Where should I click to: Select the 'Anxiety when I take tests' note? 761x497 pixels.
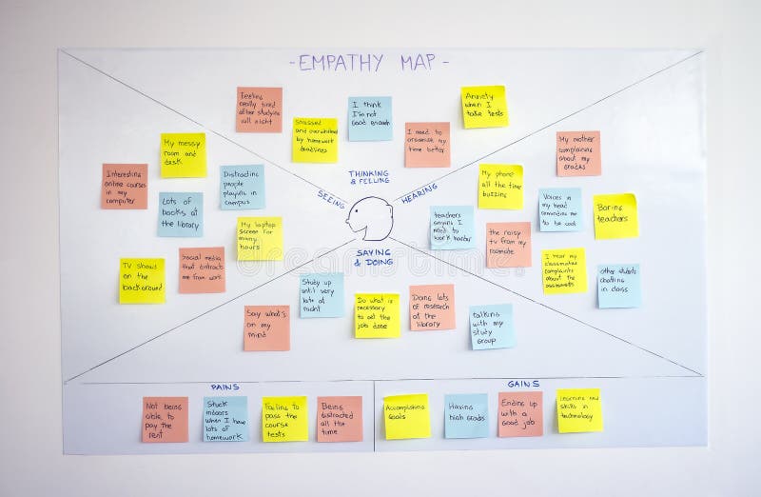(484, 107)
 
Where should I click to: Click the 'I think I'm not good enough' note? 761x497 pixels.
(370, 118)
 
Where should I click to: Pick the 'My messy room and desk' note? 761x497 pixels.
(183, 154)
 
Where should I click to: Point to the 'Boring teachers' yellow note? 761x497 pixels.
(615, 216)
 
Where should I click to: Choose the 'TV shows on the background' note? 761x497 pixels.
(142, 280)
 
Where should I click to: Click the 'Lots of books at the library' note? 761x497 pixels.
(180, 214)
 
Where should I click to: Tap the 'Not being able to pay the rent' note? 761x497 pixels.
(165, 419)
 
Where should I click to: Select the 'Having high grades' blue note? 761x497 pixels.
(466, 416)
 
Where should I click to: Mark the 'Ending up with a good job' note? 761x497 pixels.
(519, 414)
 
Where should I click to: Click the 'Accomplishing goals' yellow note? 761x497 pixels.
(407, 416)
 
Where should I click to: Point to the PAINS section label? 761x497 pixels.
(224, 387)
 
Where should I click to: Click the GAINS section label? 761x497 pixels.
(523, 384)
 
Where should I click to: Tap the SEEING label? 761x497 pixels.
(330, 195)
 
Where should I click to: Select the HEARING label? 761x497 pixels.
(420, 198)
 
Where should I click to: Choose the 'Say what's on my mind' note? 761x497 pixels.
(266, 328)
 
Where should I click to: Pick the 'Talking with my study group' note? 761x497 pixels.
(491, 327)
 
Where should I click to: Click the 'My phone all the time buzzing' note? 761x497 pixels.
(500, 187)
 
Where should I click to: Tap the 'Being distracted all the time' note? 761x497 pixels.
(340, 419)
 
